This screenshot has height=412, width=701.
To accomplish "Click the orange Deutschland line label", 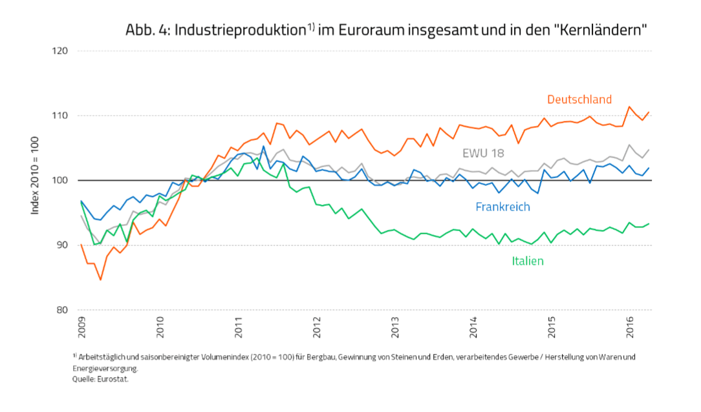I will coord(579,99).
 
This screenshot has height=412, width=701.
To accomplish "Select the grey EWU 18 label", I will coord(483,153).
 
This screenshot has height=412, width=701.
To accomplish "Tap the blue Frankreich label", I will coord(502,207).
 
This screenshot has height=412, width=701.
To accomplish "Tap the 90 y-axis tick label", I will coord(63,245).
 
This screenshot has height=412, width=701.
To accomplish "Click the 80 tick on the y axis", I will coord(63,310).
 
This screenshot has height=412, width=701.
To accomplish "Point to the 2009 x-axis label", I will coord(82,328).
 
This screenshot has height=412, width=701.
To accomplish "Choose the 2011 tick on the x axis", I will coord(239,328).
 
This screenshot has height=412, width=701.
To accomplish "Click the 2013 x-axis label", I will coord(395,328).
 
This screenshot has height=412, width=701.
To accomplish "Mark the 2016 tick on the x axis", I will coord(630,328).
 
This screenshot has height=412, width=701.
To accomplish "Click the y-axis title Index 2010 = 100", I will coord(38,180).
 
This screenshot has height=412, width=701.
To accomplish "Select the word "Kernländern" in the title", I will coord(601,30).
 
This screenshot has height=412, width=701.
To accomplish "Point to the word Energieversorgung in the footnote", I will coord(105,369).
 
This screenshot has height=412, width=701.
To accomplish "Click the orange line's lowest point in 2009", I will coord(101,280).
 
